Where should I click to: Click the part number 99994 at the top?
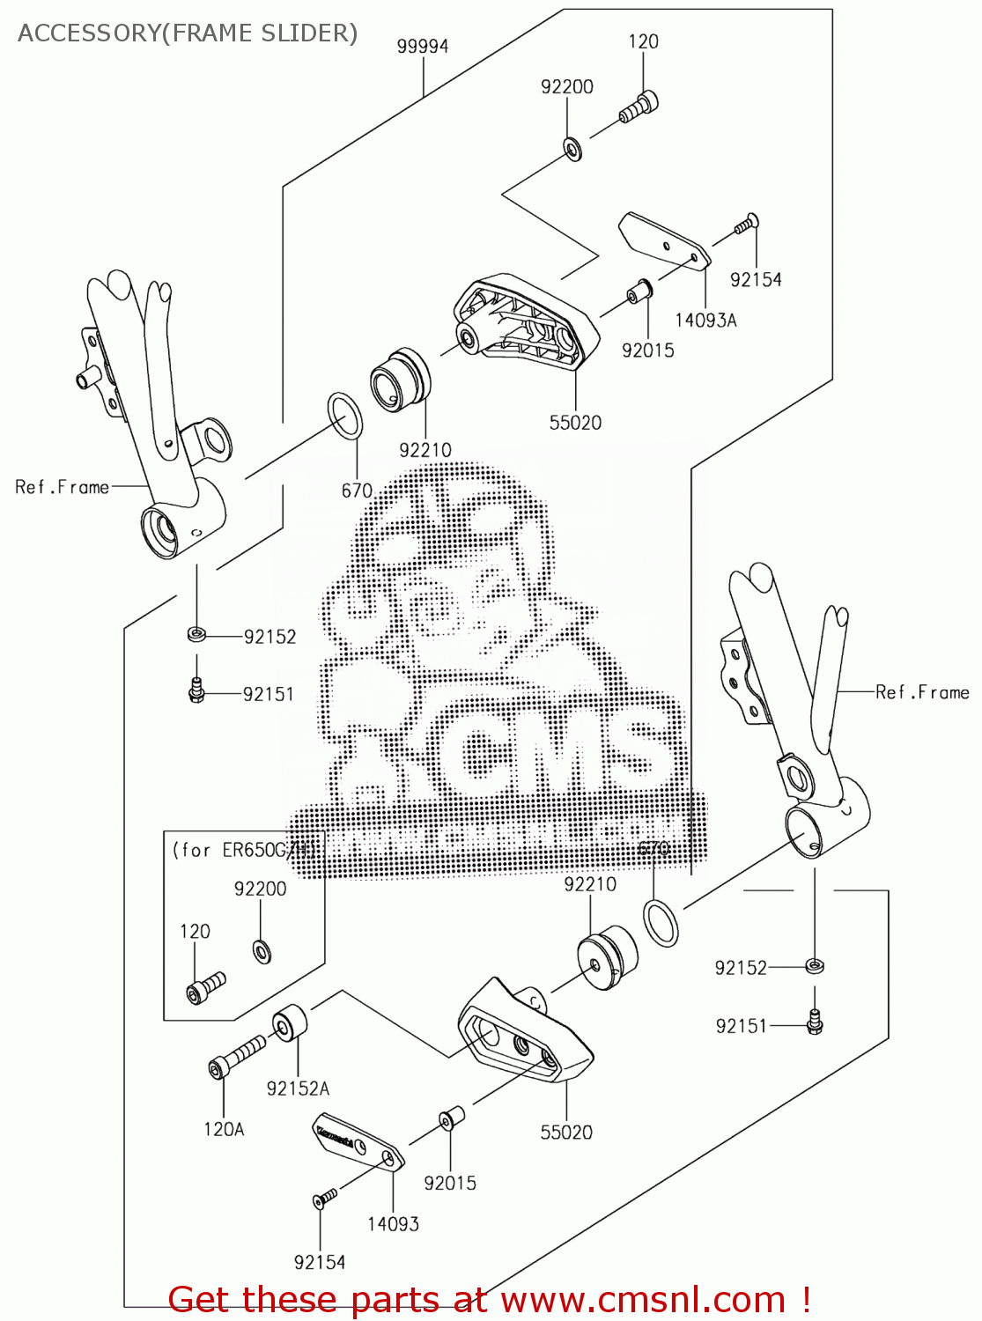(423, 47)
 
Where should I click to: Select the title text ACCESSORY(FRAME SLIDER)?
(188, 33)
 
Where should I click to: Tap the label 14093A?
(705, 321)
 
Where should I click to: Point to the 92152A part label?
(298, 1089)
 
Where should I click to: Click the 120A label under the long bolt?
(224, 1129)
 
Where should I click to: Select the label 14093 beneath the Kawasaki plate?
(393, 1223)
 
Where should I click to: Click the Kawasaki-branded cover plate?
(358, 1144)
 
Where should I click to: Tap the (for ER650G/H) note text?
(243, 850)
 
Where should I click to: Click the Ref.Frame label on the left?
(62, 487)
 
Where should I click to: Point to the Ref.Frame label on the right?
(922, 692)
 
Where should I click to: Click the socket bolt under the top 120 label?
(639, 107)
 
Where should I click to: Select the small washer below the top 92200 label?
(572, 150)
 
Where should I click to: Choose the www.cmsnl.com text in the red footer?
(643, 1300)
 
